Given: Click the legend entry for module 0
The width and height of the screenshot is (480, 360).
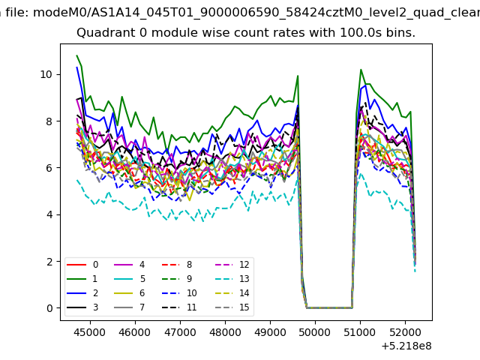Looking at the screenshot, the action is pos(82,265).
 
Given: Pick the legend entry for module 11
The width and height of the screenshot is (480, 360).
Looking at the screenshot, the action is pos(179,307).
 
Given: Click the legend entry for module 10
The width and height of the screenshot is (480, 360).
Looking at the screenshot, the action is pos(179,293).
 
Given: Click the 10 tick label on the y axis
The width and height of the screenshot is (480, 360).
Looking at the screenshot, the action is pos(46,74).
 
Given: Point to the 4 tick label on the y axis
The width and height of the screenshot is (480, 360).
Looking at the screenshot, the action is pos(49,214).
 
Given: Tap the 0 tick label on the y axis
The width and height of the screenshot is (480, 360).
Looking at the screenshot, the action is pos(49,308).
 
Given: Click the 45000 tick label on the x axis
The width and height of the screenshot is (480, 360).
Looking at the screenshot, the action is pos(90,332).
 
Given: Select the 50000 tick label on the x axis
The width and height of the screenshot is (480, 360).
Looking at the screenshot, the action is pos(315,332).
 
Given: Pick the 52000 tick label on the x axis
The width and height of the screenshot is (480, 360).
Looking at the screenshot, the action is pos(405,332).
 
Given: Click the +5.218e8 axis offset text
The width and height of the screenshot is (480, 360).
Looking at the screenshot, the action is pos(406,346).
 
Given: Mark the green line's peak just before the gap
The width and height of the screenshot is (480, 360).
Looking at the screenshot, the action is pos(298,76).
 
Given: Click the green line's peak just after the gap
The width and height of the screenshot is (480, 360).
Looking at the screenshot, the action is pos(361,70).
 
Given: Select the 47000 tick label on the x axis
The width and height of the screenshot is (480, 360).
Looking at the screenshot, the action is pos(180,332).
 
